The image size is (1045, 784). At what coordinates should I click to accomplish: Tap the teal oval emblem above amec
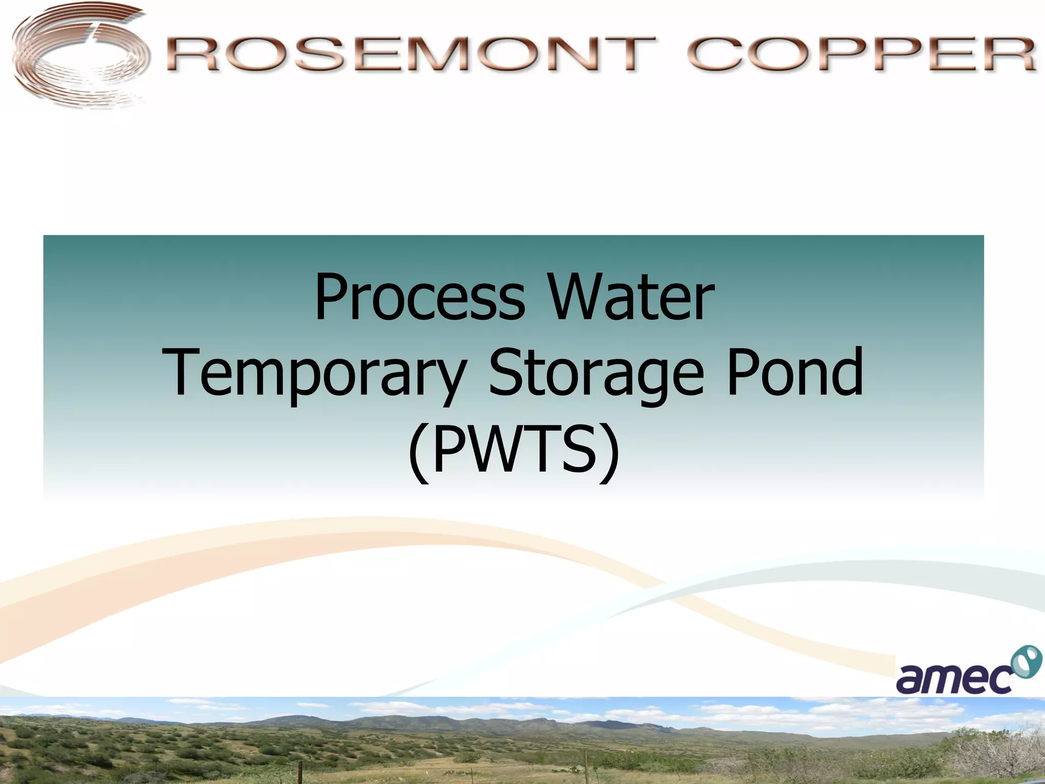pyautogui.click(x=1026, y=663)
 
